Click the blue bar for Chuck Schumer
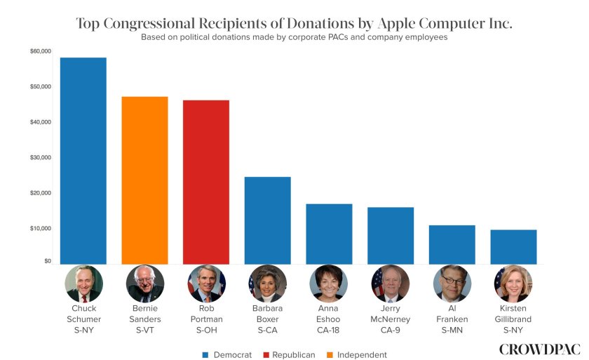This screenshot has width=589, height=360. point(83,161)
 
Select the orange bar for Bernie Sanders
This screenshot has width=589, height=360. point(144,180)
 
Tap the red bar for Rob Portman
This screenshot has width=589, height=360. point(206,182)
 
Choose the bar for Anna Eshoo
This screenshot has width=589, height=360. point(329,234)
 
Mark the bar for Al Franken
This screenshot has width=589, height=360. point(452,244)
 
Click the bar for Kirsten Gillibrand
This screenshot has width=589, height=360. point(513,246)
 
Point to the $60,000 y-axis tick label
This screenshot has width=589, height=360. point(41,51)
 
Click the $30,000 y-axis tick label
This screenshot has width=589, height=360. point(41,157)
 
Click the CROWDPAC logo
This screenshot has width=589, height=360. point(539,349)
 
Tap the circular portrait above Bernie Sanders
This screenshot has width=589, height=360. point(144,284)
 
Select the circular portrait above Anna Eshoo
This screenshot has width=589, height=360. point(329,284)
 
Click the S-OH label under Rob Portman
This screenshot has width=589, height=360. point(206,330)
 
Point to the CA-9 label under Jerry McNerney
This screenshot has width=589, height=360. point(391,330)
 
